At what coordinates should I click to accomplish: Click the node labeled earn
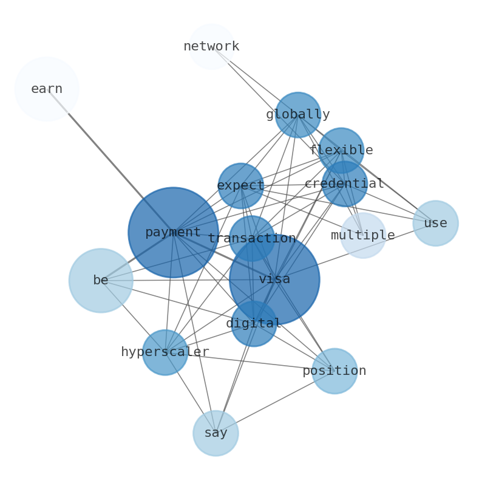[x=47, y=89]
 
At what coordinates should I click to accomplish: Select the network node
[x=211, y=47]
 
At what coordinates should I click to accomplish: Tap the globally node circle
[x=297, y=115]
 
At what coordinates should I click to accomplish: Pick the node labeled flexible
[x=341, y=150]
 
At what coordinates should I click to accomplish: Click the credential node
[x=344, y=183]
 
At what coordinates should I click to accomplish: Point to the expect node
[x=240, y=185]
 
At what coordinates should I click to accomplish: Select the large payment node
[x=173, y=232]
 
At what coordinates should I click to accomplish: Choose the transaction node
[x=251, y=238]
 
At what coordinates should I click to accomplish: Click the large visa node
[x=274, y=279]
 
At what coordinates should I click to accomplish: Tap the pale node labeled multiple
[x=363, y=235]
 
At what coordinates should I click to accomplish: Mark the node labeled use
[x=435, y=223]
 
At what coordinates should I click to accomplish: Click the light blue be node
[x=101, y=280]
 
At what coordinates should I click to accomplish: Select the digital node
[x=254, y=323]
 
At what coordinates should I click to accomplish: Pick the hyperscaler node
[x=165, y=352]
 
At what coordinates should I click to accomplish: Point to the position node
[x=334, y=371]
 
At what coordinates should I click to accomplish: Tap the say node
[x=216, y=433]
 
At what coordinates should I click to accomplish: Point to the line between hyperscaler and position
[x=255, y=362]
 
